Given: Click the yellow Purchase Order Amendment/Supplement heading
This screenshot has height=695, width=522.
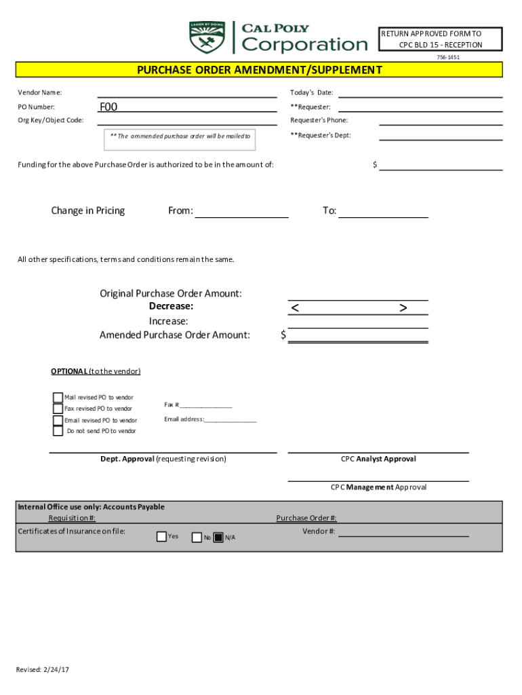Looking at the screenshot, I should (x=260, y=70).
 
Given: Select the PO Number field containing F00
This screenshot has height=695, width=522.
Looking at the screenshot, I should (x=187, y=107).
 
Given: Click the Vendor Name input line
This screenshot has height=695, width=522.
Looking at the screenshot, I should (x=187, y=92).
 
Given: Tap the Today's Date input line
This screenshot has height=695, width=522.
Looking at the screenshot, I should (x=420, y=92).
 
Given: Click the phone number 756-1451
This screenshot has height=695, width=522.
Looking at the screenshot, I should (x=448, y=58).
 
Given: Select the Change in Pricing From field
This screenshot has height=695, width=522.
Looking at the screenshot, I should (x=241, y=211).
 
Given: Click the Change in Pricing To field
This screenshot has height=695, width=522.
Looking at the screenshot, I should (x=383, y=211).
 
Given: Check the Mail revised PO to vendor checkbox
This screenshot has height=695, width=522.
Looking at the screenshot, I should (x=58, y=398).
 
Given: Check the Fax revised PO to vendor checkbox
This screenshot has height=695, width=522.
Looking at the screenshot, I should (x=58, y=409).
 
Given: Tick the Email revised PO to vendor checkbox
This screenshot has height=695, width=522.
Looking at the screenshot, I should (x=58, y=420).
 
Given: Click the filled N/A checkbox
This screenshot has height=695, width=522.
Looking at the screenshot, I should (x=218, y=538).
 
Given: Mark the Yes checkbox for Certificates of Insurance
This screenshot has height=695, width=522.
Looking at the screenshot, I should (x=161, y=537).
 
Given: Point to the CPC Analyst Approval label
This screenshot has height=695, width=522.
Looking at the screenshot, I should (x=378, y=459).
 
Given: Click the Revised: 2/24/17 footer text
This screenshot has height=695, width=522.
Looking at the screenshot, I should (x=43, y=670).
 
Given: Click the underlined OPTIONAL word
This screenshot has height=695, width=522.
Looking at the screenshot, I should (x=68, y=371).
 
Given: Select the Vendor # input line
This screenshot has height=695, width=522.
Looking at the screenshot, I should (x=403, y=531).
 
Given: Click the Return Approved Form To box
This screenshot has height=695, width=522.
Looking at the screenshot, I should (x=440, y=39).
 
